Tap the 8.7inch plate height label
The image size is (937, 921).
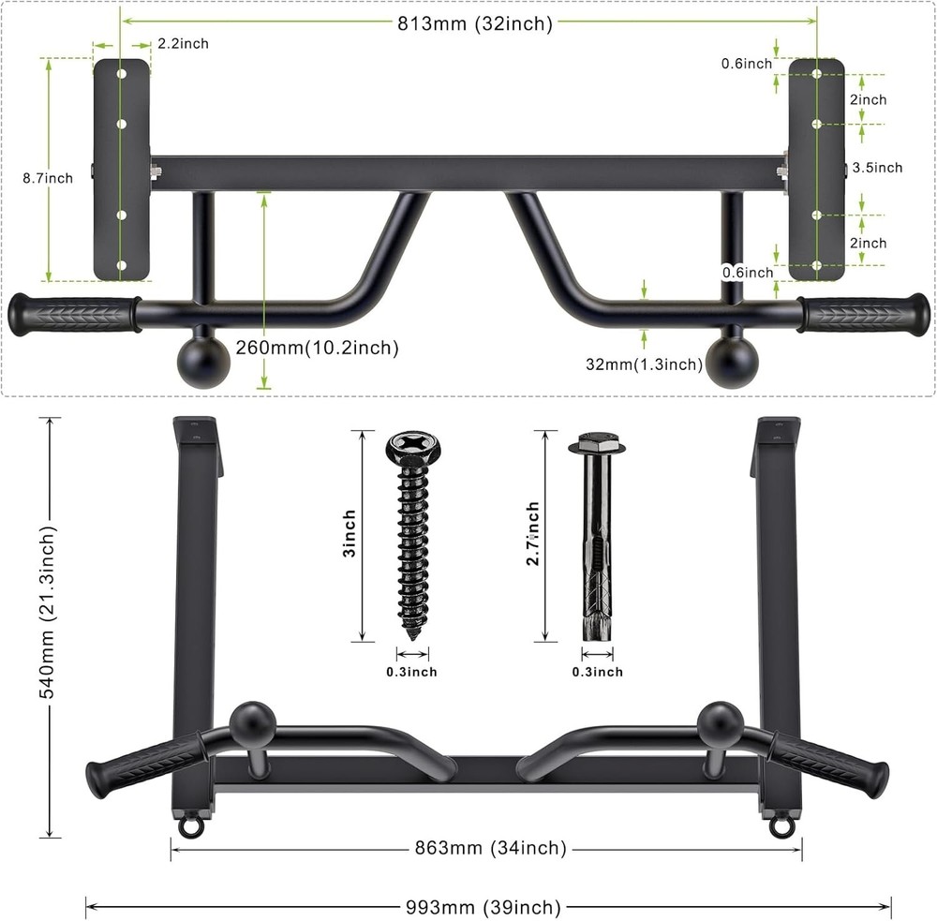pyautogui.click(x=48, y=178)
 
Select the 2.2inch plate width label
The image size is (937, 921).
pyautogui.click(x=183, y=43)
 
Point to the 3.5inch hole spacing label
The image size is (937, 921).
pyautogui.click(x=877, y=168)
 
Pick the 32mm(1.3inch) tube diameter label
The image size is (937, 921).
pyautogui.click(x=646, y=364)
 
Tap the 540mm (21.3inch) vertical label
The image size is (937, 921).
pyautogui.click(x=49, y=623)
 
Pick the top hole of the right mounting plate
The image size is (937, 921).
pyautogui.click(x=817, y=72)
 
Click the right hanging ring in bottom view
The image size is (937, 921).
pyautogui.click(x=780, y=825)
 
